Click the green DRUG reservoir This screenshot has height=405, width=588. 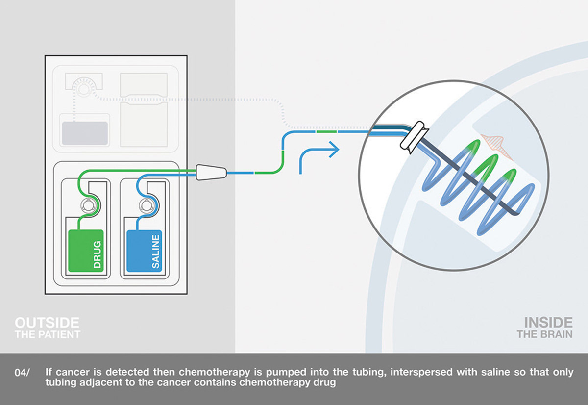pos(86,251)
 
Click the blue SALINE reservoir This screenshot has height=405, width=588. pos(144,251)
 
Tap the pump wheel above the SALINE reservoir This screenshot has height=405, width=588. pos(146,205)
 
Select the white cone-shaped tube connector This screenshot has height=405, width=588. pos(211,172)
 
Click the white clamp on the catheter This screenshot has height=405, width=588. pos(414,137)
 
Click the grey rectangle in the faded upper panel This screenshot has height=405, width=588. pos(85,133)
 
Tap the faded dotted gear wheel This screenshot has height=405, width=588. pos(83,89)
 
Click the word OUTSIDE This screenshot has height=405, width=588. pos(47,323)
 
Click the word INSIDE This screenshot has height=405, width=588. pos(548,323)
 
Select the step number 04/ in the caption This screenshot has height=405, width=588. pos(22,373)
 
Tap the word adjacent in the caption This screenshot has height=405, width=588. pos(100,382)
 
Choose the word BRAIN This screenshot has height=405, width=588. pos(557,334)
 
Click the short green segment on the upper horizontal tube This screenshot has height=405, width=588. pos(326,131)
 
